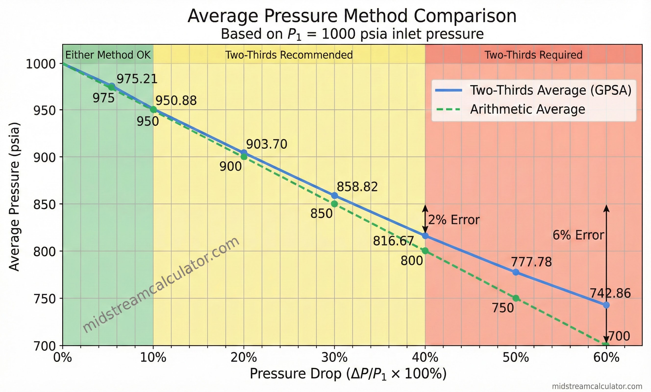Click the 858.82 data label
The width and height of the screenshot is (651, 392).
[357, 187]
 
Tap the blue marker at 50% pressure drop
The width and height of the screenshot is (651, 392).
[516, 272]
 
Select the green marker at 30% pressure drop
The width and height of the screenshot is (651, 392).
[334, 204]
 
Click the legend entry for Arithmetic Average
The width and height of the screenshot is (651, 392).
[527, 109]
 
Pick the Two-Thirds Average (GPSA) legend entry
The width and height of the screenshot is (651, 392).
[551, 90]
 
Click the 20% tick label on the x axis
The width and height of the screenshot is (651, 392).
[244, 358]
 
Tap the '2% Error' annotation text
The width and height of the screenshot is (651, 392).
[454, 220]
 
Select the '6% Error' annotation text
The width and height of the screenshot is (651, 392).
[578, 235]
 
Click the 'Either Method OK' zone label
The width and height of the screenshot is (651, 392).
[108, 55]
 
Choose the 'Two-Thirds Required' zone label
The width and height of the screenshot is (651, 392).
[533, 55]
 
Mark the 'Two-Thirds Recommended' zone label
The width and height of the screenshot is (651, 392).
[289, 55]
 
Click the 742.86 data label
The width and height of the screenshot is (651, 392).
[610, 294]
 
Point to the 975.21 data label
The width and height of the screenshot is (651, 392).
[137, 79]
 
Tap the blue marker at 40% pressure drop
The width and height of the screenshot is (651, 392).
[425, 236]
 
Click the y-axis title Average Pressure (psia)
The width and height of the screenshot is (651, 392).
[14, 197]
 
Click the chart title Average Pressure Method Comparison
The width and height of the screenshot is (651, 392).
[352, 16]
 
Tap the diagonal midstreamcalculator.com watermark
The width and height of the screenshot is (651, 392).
[161, 285]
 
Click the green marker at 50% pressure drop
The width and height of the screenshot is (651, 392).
[516, 298]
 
